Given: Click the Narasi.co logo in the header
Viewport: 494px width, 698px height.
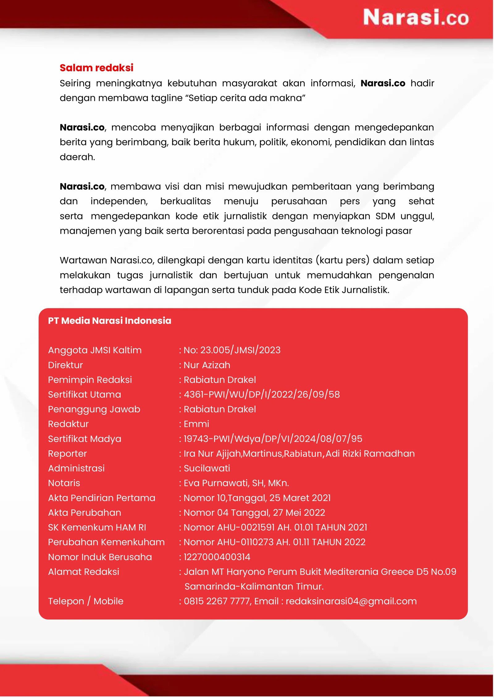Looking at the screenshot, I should [x=415, y=17].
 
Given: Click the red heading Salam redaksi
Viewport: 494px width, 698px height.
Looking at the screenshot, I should [x=96, y=68].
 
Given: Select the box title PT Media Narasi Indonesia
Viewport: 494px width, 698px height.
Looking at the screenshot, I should [x=110, y=321].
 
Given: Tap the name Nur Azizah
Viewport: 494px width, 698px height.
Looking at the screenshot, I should [x=207, y=365].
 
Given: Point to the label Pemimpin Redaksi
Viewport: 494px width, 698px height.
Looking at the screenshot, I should [x=90, y=380].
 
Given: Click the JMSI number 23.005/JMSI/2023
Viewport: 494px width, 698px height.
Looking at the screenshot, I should [x=240, y=350].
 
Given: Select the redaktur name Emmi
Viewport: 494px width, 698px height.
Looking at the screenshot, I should [x=196, y=424].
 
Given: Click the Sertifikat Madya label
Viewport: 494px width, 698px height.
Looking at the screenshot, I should [x=85, y=439].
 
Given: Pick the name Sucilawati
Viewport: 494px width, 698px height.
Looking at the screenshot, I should [x=207, y=469].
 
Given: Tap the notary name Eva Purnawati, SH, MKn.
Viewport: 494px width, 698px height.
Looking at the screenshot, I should [x=236, y=483].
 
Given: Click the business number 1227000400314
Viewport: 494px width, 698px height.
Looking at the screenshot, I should [x=217, y=557].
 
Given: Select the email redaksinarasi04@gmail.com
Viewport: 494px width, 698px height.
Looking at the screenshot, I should [x=351, y=601].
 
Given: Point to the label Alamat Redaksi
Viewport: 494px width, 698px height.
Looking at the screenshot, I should [x=84, y=572].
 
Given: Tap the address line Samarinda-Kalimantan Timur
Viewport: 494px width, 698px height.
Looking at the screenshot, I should [x=254, y=586].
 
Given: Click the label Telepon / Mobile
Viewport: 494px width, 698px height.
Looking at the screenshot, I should [x=86, y=601].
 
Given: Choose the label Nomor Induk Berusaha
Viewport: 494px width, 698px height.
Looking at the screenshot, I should [x=100, y=557].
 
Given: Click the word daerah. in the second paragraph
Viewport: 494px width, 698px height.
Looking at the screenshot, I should [x=77, y=157].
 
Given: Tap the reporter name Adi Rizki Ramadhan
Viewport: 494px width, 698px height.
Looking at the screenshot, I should [x=370, y=454].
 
